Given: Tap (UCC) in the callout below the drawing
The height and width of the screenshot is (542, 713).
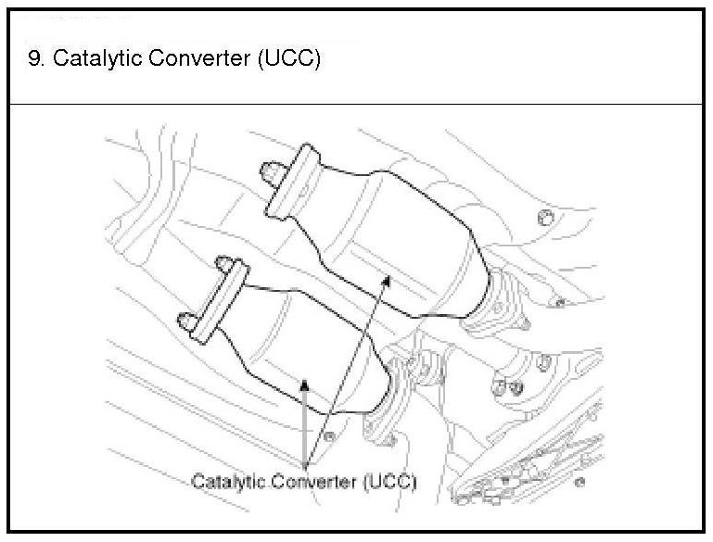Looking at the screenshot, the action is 389,482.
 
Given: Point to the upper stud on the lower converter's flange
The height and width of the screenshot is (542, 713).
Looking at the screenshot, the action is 223,266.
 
